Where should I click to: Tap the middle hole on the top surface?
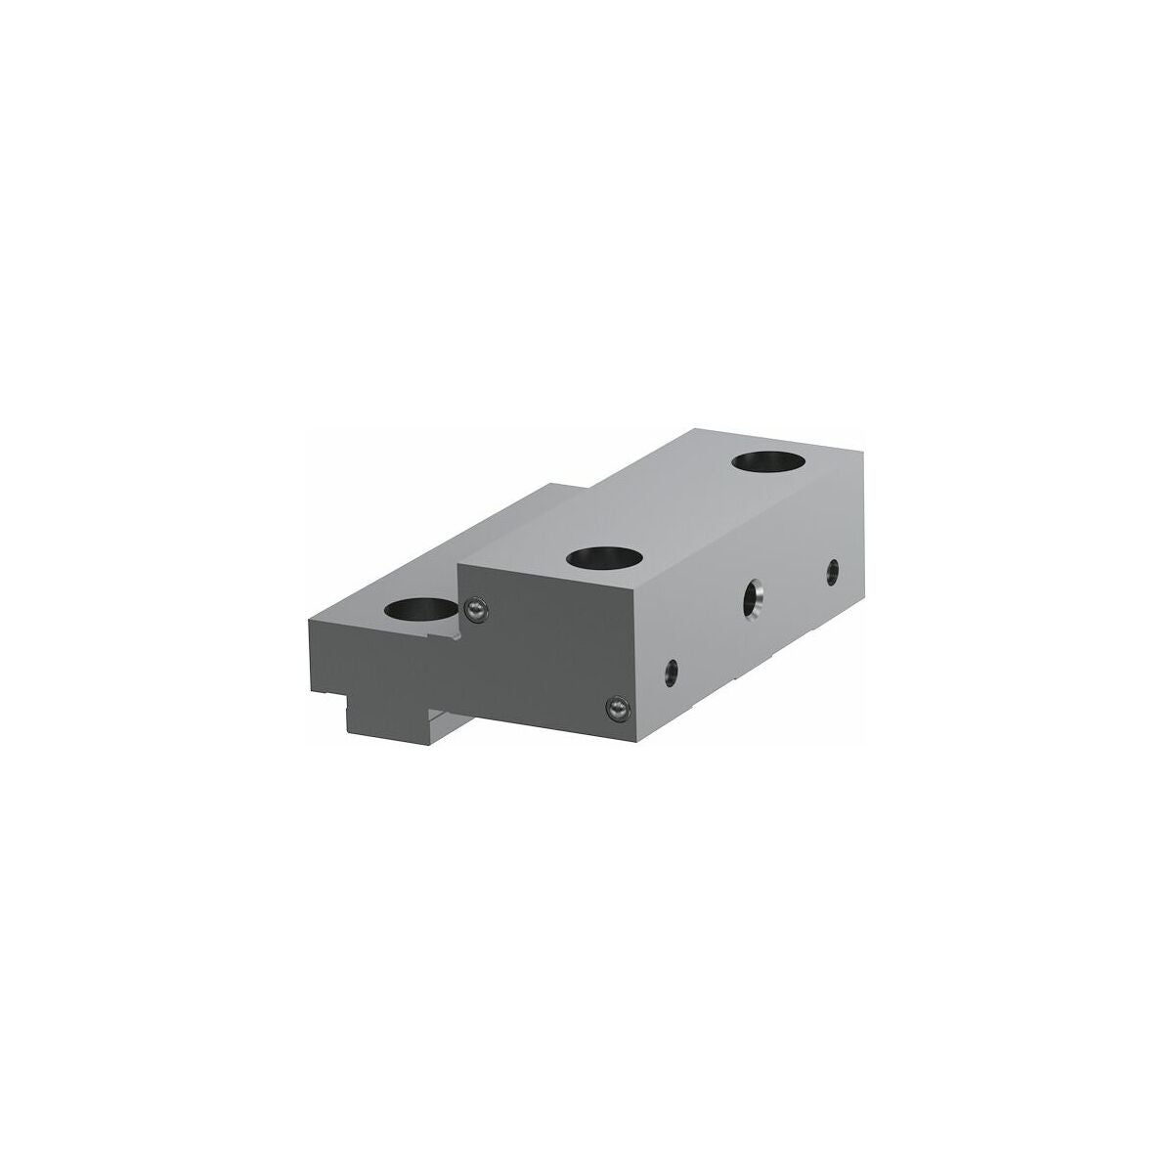pos(605,558)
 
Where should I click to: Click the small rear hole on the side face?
pos(832,570)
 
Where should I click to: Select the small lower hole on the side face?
pos(671,670)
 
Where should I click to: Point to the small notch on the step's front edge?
pos(452,637)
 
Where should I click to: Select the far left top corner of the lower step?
pos(309,621)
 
